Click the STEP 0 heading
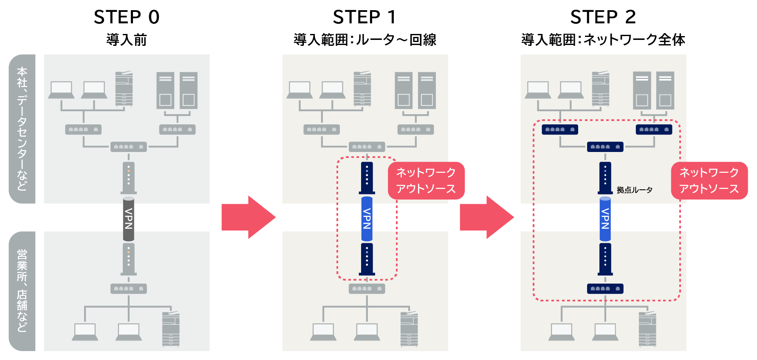tap(127, 17)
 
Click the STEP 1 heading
tap(364, 17)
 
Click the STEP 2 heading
tap(603, 17)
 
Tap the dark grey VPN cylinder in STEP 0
tap(129, 219)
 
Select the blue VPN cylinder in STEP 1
tap(367, 219)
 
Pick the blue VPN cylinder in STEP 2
tap(605, 219)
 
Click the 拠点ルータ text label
tap(634, 190)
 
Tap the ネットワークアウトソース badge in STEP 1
tap(426, 180)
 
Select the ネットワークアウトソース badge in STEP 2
tap(709, 180)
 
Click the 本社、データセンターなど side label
tap(22, 129)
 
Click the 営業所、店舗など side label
tap(22, 291)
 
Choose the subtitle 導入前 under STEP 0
tap(127, 40)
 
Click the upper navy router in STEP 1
tap(367, 177)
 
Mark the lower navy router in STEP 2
tap(605, 259)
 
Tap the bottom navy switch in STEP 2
tap(605, 289)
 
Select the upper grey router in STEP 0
tap(129, 177)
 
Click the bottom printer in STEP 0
tap(171, 329)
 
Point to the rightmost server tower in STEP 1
tap(427, 90)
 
